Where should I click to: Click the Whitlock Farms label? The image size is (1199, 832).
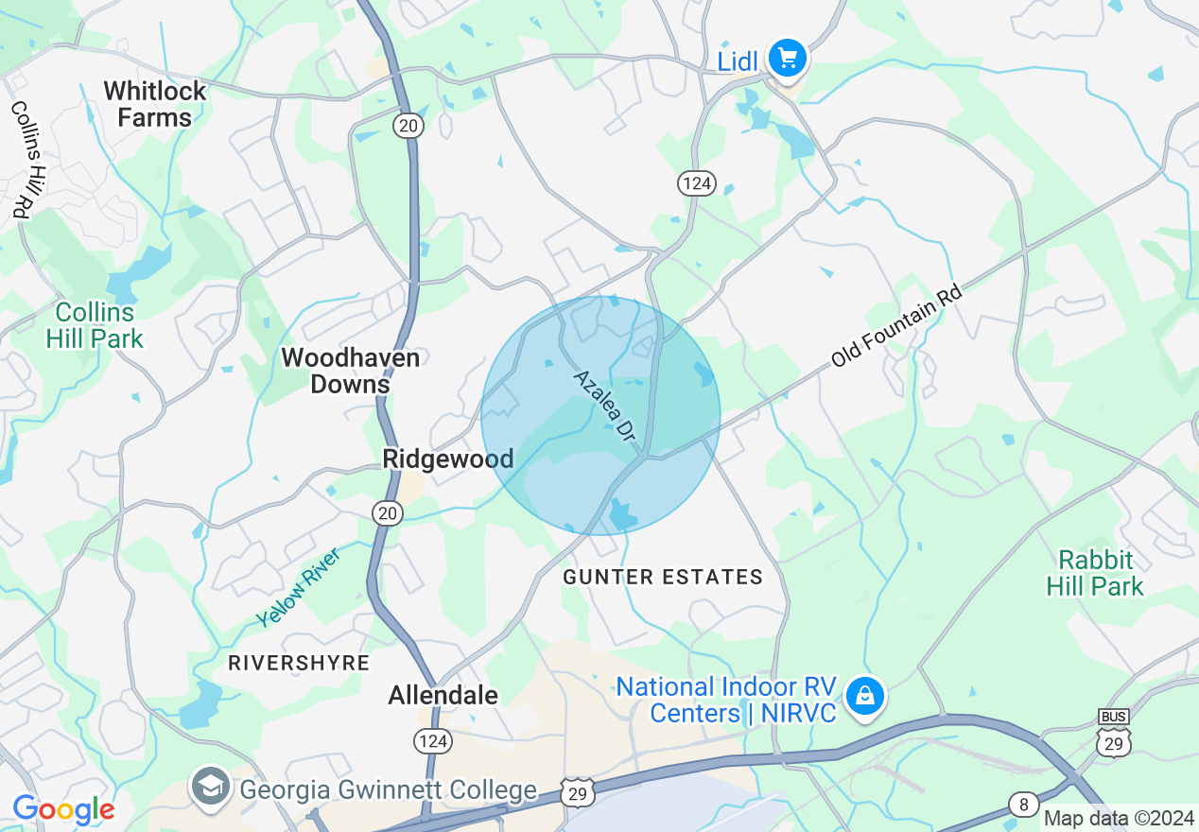155,104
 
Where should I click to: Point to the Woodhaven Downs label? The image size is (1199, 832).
350,371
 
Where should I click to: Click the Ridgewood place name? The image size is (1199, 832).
448,459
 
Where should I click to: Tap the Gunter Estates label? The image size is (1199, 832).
663,577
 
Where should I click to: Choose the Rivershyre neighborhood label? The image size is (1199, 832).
299,663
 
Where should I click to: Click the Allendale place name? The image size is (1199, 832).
443,696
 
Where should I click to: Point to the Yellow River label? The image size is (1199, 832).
298,586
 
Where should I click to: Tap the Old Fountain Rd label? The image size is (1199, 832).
895,327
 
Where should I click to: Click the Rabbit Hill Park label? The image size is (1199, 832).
1095,573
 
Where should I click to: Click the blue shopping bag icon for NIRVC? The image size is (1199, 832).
864,697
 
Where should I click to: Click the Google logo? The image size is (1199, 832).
63,810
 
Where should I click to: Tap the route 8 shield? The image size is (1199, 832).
1022,806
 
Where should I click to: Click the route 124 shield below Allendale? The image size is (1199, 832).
432,740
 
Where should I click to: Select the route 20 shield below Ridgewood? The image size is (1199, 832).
388,512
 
